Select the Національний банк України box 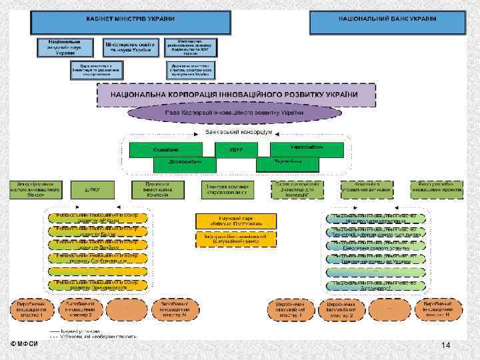coord(387,22)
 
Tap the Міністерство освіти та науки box coord(133,47)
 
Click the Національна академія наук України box coord(65,47)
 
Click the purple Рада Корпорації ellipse coord(235,113)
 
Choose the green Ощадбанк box coord(166,149)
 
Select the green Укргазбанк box coord(288,162)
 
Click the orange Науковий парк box coord(235,220)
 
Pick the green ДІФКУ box coord(90,189)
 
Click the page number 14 coord(447,344)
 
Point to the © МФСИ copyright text coord(24,343)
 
